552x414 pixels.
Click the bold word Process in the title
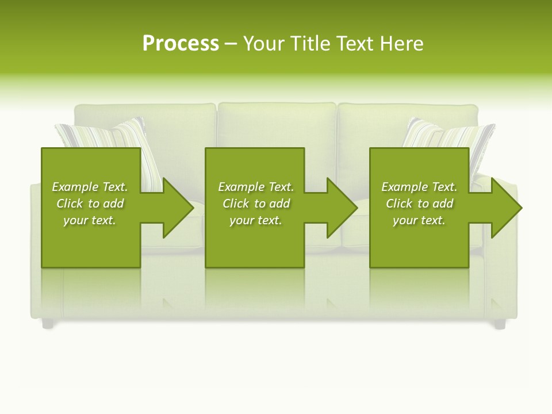point(181,44)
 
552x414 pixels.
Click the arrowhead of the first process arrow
point(178,208)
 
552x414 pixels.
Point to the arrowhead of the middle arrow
point(342,208)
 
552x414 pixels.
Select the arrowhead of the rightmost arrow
point(506,208)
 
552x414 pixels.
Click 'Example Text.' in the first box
point(90,187)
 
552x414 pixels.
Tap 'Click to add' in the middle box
point(256,204)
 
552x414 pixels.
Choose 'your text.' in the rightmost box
point(419,220)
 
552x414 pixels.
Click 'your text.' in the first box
point(90,220)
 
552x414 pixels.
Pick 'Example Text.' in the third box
point(419,187)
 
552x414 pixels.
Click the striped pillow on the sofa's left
point(109,135)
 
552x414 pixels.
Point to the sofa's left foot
point(48,324)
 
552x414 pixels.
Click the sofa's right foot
point(499,324)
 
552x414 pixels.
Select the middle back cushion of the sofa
point(277,126)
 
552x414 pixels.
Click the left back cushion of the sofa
point(172,124)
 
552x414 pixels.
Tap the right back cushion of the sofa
point(379,124)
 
